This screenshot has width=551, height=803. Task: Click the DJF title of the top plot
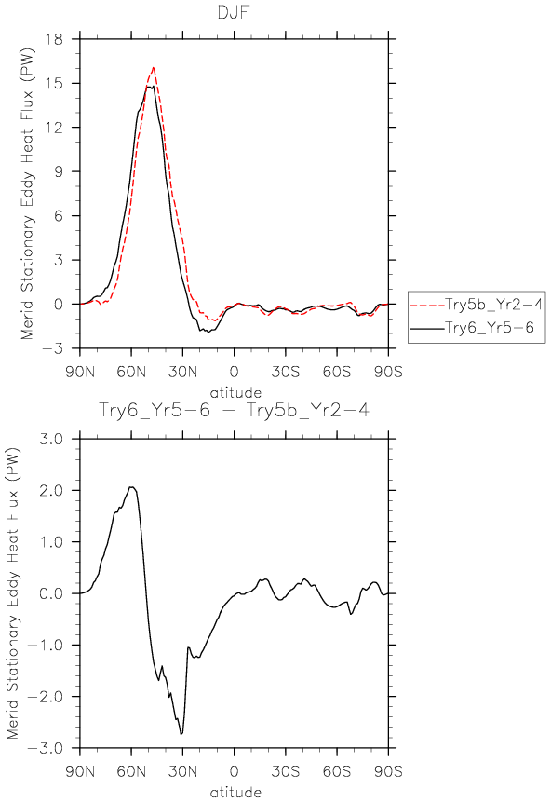click(234, 11)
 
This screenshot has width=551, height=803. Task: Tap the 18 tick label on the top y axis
click(54, 39)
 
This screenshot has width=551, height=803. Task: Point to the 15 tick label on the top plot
click(54, 83)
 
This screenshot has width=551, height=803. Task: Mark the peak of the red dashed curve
click(153, 68)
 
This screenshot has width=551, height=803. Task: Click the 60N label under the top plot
click(131, 372)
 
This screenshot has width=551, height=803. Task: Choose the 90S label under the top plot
click(388, 372)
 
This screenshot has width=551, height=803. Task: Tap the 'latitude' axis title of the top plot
click(234, 393)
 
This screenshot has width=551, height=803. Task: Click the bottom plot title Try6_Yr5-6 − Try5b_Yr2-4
click(234, 410)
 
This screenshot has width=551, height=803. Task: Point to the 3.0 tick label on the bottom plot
click(52, 439)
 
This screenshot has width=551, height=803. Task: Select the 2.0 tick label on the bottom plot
click(52, 490)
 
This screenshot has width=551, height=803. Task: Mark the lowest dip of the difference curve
click(181, 734)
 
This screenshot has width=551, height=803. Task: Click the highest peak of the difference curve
click(131, 487)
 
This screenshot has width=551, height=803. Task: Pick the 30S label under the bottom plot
click(286, 771)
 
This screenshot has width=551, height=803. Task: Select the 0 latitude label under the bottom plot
click(234, 771)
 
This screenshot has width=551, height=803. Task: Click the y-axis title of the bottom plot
click(12, 593)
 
